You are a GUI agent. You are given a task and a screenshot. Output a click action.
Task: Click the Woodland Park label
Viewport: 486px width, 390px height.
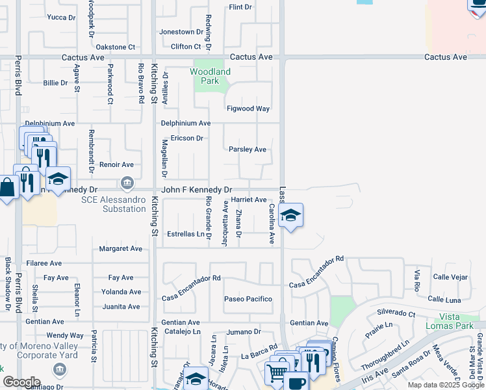[210, 76]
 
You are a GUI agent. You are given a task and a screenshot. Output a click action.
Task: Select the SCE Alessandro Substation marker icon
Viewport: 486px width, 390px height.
[127, 182]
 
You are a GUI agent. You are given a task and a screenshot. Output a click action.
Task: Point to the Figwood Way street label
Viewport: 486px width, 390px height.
[248, 109]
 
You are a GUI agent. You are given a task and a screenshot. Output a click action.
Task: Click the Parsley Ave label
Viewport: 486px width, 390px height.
[248, 149]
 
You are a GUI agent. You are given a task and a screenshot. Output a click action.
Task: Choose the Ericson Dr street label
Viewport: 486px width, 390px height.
[187, 138]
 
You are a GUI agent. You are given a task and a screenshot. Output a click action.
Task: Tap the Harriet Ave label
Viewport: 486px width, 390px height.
[249, 200]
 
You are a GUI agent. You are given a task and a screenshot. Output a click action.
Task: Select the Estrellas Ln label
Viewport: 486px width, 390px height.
[185, 234]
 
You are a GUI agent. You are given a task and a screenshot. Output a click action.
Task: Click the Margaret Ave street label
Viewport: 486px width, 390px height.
[120, 249]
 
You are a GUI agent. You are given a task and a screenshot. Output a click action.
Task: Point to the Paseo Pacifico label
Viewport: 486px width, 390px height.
[248, 299]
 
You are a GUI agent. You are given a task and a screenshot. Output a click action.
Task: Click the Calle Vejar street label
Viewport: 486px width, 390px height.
[450, 277]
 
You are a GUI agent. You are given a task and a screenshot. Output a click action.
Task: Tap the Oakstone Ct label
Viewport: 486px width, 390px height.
[115, 47]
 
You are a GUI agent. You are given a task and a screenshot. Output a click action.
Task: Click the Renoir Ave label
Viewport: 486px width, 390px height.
[116, 165]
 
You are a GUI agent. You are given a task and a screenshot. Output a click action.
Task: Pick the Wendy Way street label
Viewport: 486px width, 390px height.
[64, 335]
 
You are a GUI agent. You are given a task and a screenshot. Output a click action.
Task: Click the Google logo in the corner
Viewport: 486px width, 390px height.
[21, 382]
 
